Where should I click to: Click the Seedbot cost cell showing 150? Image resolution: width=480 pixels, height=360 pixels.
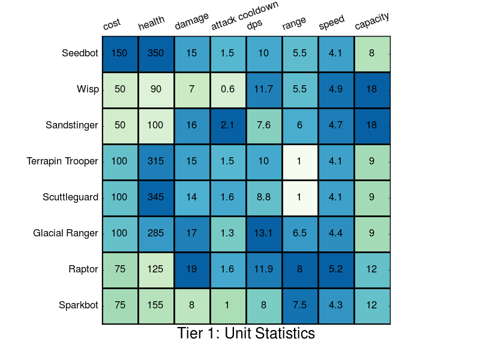click(x=120, y=53)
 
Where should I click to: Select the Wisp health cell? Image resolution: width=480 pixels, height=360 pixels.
click(x=156, y=89)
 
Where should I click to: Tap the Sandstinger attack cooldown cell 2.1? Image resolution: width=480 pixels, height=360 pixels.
click(x=228, y=125)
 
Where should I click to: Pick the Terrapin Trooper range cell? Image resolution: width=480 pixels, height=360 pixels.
click(x=300, y=161)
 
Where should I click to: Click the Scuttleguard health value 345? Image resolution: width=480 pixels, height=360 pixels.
click(x=156, y=197)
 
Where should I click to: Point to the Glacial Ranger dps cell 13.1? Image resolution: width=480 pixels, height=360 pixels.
click(x=264, y=233)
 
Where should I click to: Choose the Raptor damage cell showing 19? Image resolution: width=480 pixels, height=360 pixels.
click(x=192, y=269)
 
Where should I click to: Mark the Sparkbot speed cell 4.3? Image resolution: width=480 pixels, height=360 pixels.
click(x=336, y=305)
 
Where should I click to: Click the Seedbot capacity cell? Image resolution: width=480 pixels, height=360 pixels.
click(x=372, y=53)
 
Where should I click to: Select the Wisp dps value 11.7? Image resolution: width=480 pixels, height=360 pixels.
click(x=264, y=89)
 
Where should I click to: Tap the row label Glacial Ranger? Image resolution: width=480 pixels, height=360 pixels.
click(x=65, y=233)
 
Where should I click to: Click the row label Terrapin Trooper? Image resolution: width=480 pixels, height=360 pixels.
click(x=62, y=161)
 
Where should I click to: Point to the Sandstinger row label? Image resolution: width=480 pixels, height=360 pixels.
click(x=71, y=125)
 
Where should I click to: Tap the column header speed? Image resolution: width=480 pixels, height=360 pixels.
click(x=332, y=23)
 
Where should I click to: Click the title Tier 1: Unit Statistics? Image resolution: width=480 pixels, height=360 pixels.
click(x=246, y=334)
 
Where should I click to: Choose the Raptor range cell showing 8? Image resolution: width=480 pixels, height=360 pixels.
click(x=300, y=269)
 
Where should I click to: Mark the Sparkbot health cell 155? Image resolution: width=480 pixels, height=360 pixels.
click(x=156, y=305)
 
